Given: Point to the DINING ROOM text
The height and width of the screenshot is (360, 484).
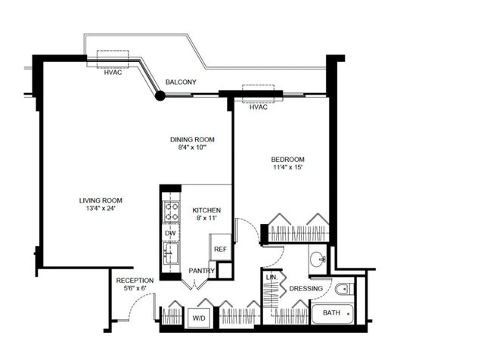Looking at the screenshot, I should pos(192,139).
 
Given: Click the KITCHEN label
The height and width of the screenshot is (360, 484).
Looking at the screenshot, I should pos(206,209).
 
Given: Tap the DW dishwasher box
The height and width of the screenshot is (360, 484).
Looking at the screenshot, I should pos(170,234).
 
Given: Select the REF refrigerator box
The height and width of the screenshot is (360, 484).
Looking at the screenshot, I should pos(220,249).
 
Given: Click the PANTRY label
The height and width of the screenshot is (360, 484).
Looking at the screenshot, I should pos(202,271).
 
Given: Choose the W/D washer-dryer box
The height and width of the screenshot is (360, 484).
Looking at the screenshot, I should pos(199,318).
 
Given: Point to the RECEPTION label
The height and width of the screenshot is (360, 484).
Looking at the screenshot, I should pos(135,281).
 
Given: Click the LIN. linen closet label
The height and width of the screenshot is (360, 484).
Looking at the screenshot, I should pos(271,278).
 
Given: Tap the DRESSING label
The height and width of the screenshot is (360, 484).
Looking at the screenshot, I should pos(306,289).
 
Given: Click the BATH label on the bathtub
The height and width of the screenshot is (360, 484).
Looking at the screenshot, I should pos(331,312).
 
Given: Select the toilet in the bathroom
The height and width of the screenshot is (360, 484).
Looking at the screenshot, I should pos(344,288).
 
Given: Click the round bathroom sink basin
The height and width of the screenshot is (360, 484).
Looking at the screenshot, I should pos(318,259).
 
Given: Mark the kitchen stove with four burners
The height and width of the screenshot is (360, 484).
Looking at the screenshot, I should pos(171,210).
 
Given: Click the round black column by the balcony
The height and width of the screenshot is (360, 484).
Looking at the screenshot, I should pos(160,95).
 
